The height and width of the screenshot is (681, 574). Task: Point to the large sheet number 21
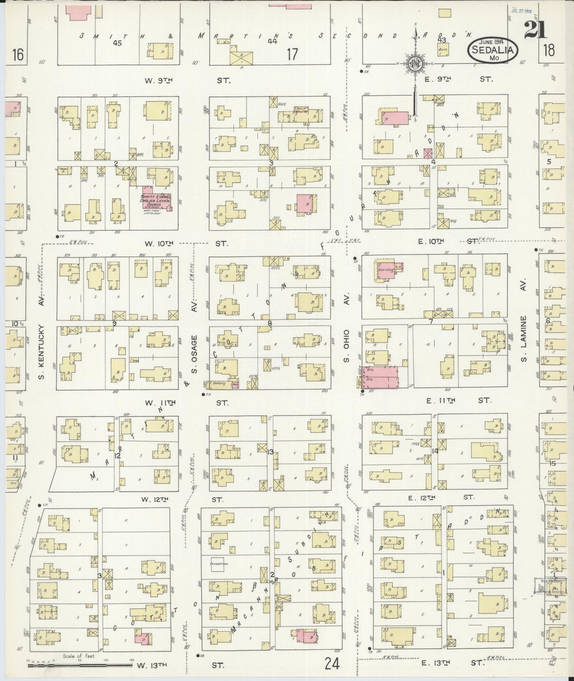click(535, 29)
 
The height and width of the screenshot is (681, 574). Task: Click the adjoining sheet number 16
click(17, 54)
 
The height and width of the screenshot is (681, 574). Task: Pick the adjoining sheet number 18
click(550, 51)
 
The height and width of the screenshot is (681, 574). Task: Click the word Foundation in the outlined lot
click(219, 564)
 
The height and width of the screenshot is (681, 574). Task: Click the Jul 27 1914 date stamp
click(521, 12)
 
